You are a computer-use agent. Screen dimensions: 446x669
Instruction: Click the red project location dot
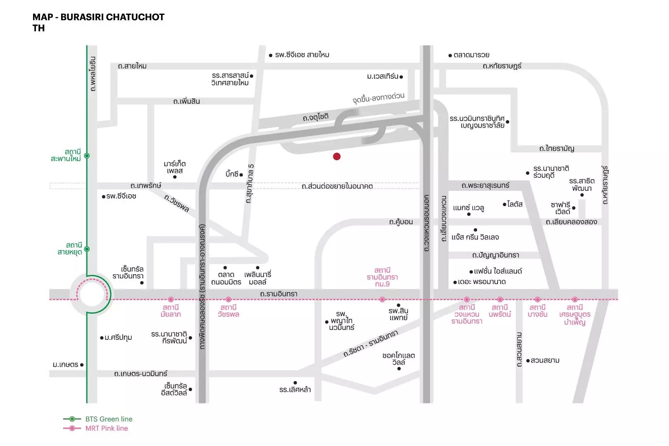coord(337,157)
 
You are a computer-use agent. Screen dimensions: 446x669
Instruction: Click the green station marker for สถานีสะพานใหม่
coord(87,156)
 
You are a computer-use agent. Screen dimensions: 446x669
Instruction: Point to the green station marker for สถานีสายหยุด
coord(87,249)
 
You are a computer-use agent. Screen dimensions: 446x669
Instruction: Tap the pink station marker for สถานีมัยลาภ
coord(171,299)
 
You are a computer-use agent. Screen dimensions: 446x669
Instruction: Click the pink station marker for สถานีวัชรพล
coord(228,299)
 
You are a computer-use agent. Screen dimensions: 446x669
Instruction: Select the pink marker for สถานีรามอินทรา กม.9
coord(382,299)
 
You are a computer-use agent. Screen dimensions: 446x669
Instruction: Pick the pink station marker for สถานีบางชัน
coord(537,299)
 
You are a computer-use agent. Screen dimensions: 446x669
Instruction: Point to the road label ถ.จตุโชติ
coord(316,117)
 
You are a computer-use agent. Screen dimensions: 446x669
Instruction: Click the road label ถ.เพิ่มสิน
coord(187,101)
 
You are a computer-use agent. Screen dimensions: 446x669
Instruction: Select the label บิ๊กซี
coord(232,174)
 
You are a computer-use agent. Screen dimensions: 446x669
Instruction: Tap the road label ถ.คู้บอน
coord(401,222)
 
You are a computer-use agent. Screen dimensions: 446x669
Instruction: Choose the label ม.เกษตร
coord(66,365)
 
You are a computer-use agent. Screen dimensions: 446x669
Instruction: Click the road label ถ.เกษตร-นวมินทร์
coord(141,374)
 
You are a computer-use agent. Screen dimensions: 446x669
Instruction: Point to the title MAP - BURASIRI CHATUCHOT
coord(98,17)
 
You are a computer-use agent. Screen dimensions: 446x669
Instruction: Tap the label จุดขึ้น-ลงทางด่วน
coord(379,98)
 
